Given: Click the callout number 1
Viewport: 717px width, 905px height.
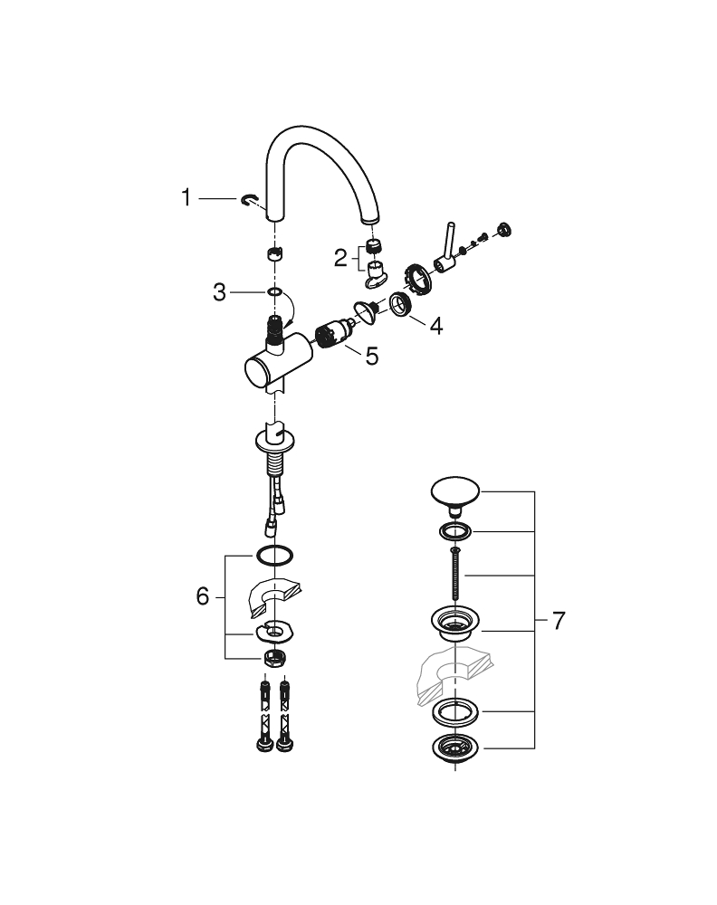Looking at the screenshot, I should [186, 197].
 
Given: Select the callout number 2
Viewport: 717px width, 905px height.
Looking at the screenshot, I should [340, 259].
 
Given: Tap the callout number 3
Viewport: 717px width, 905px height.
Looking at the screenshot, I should [220, 292].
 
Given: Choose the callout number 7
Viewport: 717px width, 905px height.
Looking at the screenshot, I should [558, 621].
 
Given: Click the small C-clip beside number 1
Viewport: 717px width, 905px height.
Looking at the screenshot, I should [250, 200].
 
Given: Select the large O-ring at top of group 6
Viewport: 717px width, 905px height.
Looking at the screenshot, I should [273, 554].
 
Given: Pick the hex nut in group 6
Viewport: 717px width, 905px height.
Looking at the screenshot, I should [273, 657].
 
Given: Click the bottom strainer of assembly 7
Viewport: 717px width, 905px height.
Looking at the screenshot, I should [454, 749].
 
